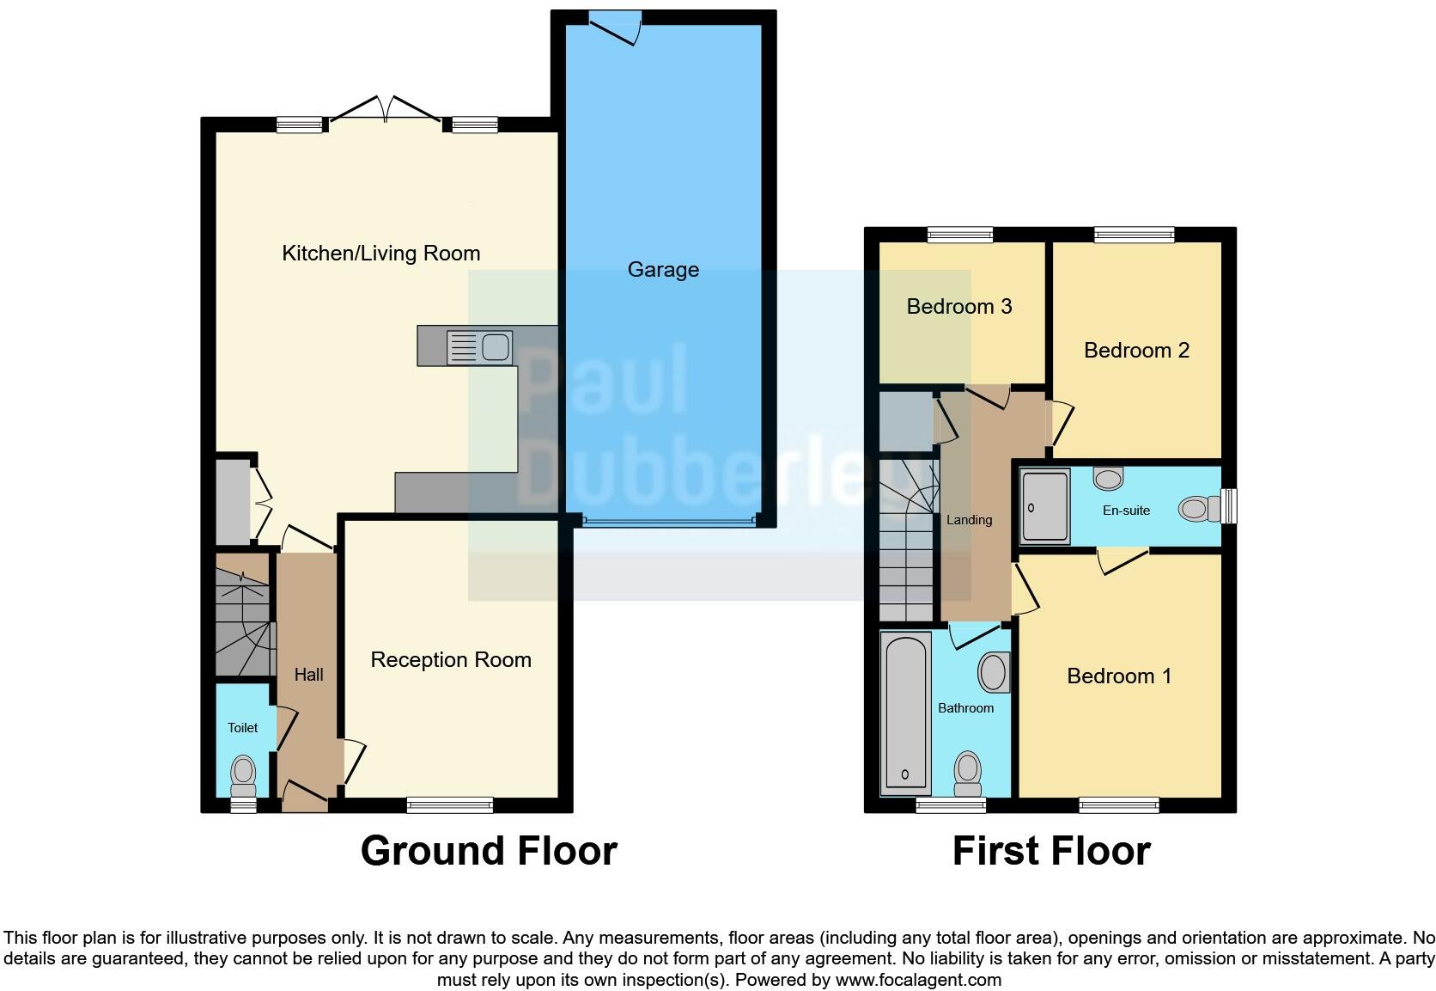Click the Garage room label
663,270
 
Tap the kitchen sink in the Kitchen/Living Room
479,347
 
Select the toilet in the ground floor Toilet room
244,775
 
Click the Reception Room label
451,660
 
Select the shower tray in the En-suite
1045,506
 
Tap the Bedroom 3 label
959,307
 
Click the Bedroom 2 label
1136,351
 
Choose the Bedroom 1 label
1119,676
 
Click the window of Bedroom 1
1119,805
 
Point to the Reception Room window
450,805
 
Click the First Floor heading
1051,851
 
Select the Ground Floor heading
489,851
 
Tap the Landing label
969,520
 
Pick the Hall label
308,675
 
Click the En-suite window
1230,505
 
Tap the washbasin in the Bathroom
994,672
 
